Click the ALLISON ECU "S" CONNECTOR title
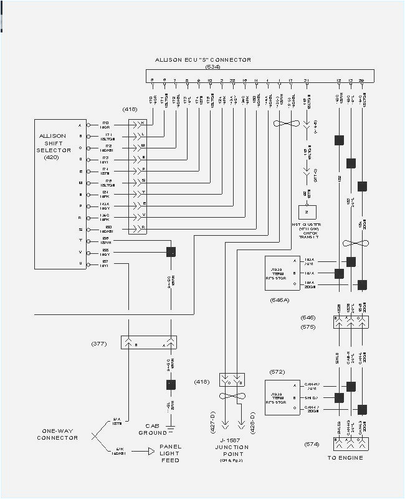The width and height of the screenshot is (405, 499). click(203, 60)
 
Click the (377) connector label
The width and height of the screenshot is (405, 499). click(98, 343)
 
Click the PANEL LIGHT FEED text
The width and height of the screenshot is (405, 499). click(170, 453)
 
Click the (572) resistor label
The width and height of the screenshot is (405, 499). click(277, 372)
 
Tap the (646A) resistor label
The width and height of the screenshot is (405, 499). click(279, 300)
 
